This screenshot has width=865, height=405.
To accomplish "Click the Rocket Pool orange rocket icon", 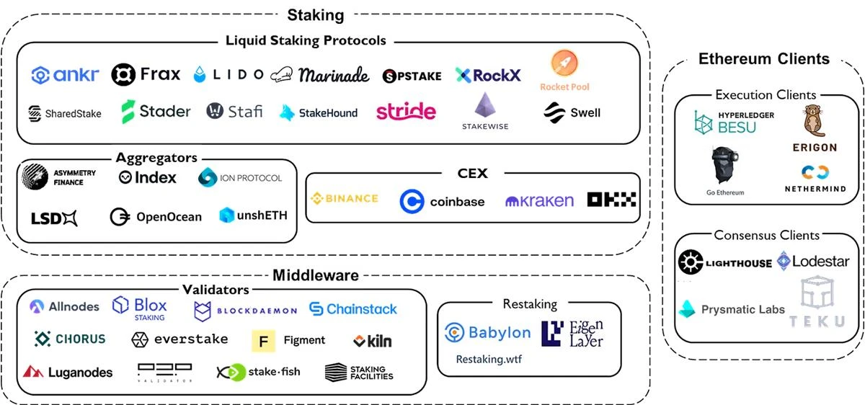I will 564,66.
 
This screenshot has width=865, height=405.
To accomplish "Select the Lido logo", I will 229,74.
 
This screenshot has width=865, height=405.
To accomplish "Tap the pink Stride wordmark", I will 406,111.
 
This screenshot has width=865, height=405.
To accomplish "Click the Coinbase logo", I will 442,202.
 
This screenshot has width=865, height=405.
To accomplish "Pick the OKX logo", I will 612,200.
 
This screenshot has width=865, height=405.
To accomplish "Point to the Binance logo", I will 344,198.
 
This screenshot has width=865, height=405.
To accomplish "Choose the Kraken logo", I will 539,201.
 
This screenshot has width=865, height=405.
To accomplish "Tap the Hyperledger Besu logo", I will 725,123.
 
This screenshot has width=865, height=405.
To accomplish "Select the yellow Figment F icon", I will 263,340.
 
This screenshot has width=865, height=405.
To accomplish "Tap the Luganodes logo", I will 68,373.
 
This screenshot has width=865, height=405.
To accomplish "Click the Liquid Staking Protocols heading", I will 306,41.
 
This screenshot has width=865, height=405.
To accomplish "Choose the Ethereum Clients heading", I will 764,59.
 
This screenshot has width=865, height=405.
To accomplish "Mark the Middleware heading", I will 315,275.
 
